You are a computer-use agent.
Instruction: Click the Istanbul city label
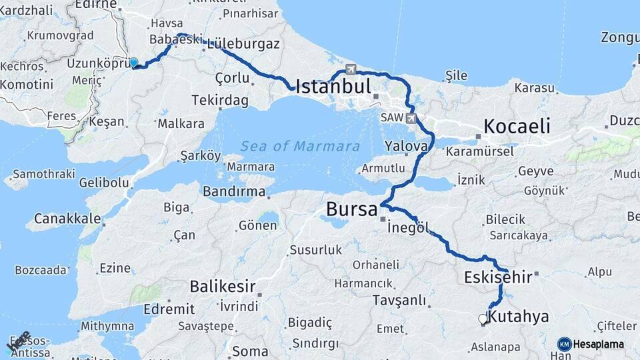point(333,86)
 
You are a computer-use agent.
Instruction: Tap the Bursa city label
point(351,209)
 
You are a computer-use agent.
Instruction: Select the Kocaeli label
point(517,126)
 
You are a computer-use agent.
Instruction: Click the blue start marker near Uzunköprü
point(133,63)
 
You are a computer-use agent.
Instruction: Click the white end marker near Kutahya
point(483,319)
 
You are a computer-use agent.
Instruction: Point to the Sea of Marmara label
point(300,147)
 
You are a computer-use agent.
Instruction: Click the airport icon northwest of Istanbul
point(351,69)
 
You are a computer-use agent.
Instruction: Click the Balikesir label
point(223,287)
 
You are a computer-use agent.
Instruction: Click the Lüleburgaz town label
point(243,43)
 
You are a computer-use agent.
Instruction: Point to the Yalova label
point(406,146)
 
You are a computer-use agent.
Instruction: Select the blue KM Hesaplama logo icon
point(564,344)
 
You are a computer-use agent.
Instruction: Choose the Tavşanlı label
point(399,300)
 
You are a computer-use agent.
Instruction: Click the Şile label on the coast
point(456,75)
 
